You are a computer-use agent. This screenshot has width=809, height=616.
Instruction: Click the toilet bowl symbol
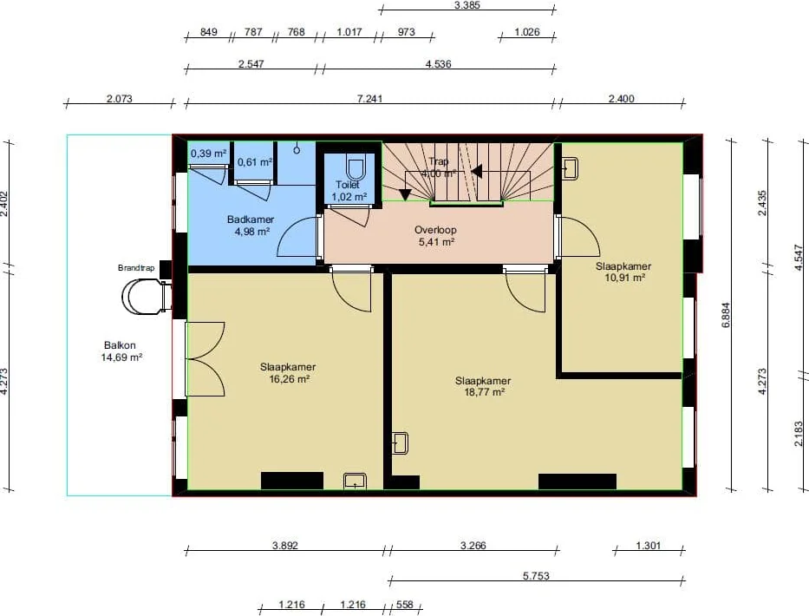point(354,169)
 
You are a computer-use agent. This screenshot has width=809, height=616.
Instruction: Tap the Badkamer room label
point(251,220)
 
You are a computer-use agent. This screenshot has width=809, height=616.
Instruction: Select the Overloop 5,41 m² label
point(435,236)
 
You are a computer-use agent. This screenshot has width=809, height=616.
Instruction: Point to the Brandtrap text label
point(136,268)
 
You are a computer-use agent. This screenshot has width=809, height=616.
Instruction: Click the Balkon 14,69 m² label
point(121,351)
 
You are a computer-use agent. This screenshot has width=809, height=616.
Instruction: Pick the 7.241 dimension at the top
point(370,98)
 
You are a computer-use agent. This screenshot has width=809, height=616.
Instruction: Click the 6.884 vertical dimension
point(726,315)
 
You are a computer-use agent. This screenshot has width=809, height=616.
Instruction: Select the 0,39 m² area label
point(208,154)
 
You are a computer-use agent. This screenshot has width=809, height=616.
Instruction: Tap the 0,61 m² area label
point(255,162)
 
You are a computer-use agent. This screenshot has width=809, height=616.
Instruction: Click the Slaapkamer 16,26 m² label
point(288,373)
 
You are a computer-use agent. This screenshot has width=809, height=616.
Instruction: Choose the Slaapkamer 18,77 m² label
point(483,386)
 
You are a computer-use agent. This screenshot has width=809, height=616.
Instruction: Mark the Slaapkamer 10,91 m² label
point(623,272)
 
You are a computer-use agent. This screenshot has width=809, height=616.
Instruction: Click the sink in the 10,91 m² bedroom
point(570,167)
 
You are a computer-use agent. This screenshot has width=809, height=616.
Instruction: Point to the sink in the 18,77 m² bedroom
point(400,443)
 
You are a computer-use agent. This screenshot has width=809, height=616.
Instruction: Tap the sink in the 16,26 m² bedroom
point(355,481)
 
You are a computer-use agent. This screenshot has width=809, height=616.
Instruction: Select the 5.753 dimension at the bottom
point(536,576)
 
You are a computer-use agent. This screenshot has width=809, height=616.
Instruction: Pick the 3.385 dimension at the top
point(467,5)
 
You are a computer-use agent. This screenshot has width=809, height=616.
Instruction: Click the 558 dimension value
point(405,604)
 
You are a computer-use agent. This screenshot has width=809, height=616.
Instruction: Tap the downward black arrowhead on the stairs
point(405,194)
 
